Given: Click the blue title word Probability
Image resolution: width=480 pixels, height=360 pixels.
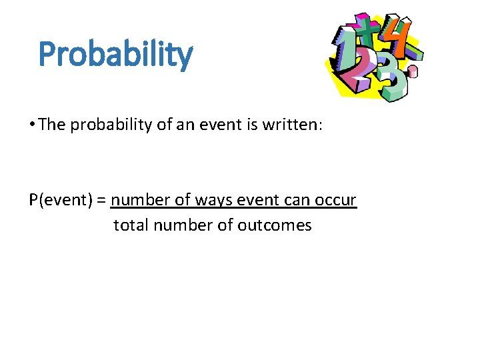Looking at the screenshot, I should tap(115, 55).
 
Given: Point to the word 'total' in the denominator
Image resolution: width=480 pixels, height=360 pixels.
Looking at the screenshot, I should tap(131, 225).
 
